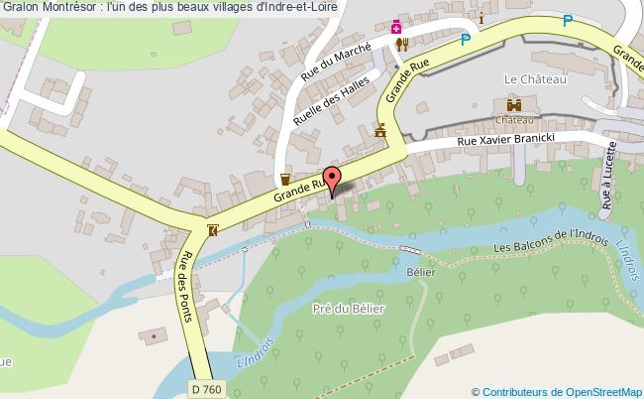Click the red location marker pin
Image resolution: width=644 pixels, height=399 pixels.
[x=333, y=180]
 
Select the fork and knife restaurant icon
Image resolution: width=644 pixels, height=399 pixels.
[x=402, y=44]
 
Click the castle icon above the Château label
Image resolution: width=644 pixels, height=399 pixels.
[x=514, y=104]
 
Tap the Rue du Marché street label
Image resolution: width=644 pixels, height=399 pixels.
[x=337, y=63]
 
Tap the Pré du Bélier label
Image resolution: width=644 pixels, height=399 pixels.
[x=348, y=308]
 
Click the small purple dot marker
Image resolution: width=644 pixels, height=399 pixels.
[x=154, y=336]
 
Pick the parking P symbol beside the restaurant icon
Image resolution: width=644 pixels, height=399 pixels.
[x=466, y=41]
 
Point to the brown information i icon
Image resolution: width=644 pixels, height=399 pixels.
[x=481, y=19]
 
